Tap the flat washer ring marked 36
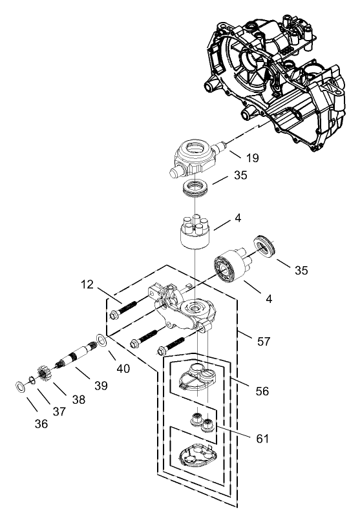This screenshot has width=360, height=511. [x=20, y=387]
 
